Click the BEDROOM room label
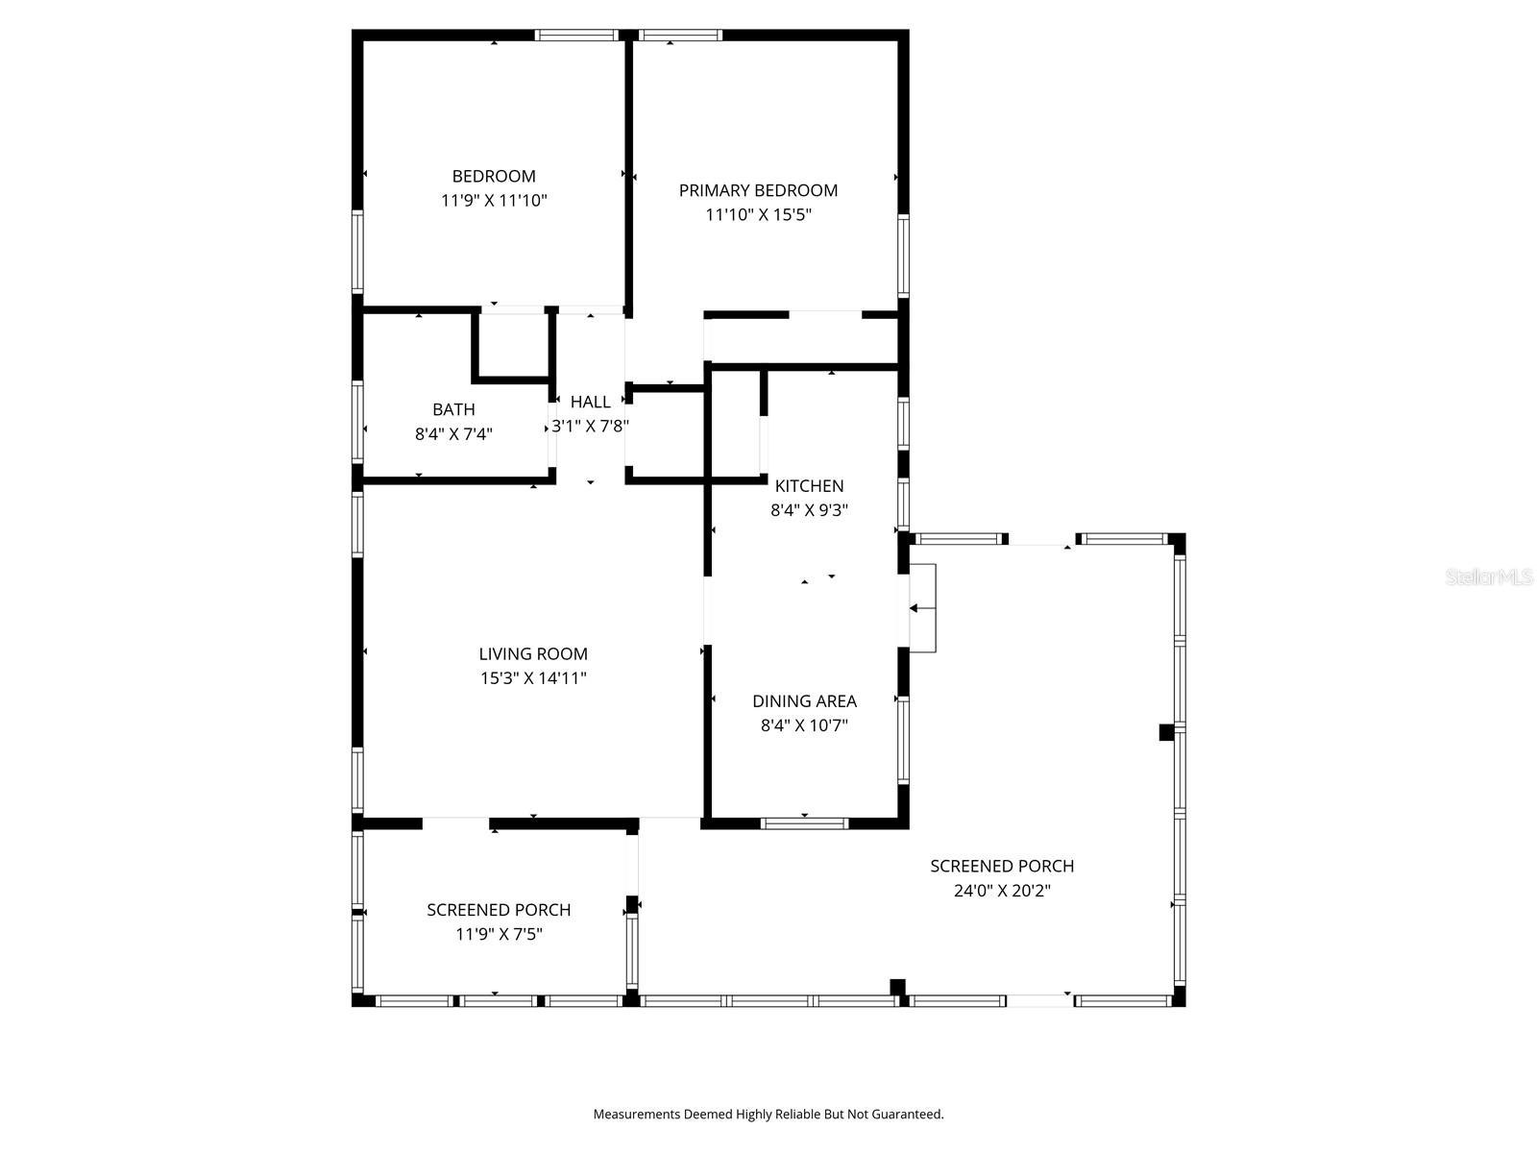click(x=494, y=176)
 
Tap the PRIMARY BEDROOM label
click(x=758, y=190)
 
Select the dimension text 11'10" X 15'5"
click(x=758, y=214)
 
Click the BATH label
click(x=453, y=409)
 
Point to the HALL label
click(x=590, y=402)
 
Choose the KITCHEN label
click(x=809, y=486)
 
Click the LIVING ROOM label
click(x=533, y=654)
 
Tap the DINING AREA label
click(x=804, y=701)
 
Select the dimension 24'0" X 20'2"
click(x=1002, y=891)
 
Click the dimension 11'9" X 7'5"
click(x=499, y=934)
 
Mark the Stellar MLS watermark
click(x=1489, y=576)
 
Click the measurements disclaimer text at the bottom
click(x=768, y=1115)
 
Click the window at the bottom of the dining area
click(x=804, y=822)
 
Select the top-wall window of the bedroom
click(x=576, y=36)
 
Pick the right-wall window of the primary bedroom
click(x=903, y=255)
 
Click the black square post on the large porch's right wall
click(x=1166, y=732)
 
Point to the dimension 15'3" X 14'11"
click(x=533, y=678)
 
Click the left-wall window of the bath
click(x=358, y=423)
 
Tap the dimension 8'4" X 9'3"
click(x=809, y=510)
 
